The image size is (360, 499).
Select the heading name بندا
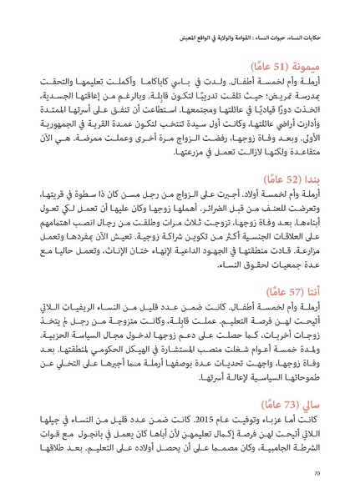click(327, 180)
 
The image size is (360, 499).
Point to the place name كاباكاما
click(148, 83)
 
